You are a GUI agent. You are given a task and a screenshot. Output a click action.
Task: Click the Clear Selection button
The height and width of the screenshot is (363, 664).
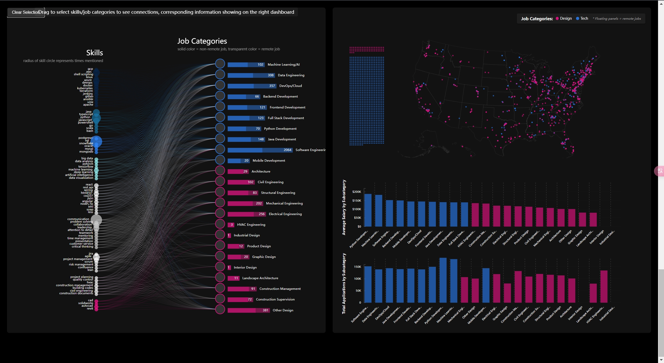click(x=25, y=12)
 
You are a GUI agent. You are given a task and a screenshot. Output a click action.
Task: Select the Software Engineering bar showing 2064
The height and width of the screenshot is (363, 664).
click(x=260, y=150)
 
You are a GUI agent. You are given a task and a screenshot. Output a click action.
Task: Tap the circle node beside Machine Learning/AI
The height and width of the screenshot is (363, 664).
click(x=220, y=64)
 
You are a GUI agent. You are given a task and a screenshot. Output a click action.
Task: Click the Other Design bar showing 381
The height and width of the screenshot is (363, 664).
click(x=248, y=310)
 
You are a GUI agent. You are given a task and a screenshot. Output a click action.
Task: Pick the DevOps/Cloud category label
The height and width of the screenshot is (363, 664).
click(x=290, y=86)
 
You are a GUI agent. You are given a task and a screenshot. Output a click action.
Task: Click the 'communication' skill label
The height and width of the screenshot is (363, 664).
click(x=78, y=219)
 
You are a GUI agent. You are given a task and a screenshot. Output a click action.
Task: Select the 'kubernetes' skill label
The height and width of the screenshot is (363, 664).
click(x=85, y=88)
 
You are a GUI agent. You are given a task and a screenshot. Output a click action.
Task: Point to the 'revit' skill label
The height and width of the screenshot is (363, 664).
click(x=90, y=309)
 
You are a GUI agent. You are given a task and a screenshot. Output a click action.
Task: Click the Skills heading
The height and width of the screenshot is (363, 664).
click(x=94, y=53)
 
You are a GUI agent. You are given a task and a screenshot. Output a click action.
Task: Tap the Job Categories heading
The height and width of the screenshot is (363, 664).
click(x=202, y=41)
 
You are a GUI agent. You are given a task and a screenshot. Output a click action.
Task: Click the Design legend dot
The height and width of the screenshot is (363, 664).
click(x=557, y=19)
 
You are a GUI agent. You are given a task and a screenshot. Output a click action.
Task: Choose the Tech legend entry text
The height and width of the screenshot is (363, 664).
click(x=584, y=18)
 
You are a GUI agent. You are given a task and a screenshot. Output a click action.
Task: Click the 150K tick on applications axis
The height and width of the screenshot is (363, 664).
click(x=357, y=267)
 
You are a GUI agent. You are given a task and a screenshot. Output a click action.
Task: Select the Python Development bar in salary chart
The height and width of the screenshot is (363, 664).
click(x=368, y=210)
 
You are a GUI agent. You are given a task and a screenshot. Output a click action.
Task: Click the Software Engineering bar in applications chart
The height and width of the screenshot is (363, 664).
click(x=368, y=284)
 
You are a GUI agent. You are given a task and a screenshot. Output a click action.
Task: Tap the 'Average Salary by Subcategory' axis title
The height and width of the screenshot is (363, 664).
click(x=344, y=207)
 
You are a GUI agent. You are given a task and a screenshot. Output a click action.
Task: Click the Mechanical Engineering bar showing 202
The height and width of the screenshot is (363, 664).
click(x=245, y=203)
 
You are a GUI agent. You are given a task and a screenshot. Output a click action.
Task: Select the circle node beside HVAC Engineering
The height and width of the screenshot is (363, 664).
click(x=220, y=224)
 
